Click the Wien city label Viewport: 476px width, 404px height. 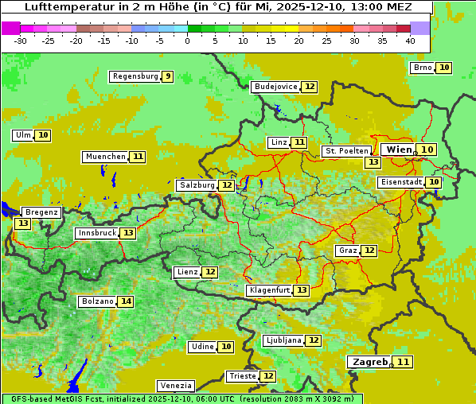(x=400, y=150)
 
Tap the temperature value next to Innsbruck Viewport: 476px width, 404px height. (x=128, y=233)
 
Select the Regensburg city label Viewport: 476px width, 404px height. (x=135, y=76)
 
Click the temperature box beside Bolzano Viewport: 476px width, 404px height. (x=126, y=301)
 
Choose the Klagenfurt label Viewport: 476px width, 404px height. (x=268, y=290)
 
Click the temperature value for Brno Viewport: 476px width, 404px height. (x=443, y=68)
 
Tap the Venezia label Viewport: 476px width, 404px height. (x=175, y=385)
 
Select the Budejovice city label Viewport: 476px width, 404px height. (x=275, y=87)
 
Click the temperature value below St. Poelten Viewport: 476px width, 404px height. (x=373, y=162)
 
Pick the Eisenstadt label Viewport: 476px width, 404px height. (x=400, y=182)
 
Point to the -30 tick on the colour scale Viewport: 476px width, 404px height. (x=21, y=41)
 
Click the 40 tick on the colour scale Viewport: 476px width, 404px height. (x=410, y=41)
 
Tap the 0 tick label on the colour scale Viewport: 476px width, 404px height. (x=188, y=41)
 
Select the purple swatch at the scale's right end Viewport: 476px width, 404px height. (x=420, y=28)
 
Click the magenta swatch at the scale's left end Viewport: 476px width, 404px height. (x=10, y=28)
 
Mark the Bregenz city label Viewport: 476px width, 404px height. (x=41, y=212)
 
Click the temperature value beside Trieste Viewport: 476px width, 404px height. (x=268, y=376)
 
